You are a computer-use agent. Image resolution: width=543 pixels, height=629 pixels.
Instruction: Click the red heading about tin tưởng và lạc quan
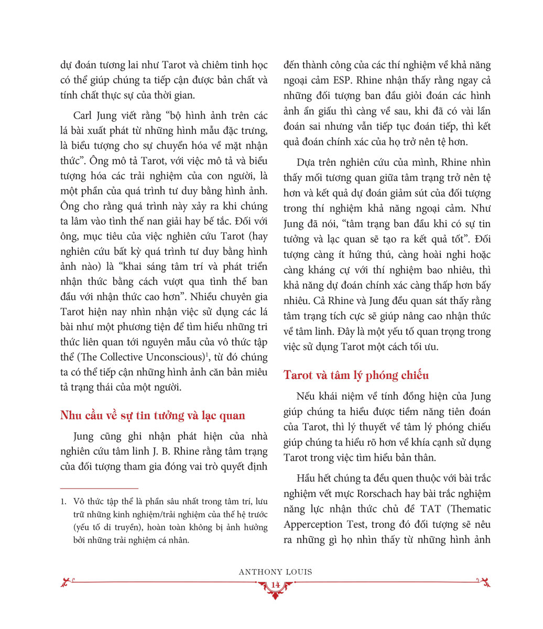153,416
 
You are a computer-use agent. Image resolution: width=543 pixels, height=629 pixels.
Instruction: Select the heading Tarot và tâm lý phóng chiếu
356,375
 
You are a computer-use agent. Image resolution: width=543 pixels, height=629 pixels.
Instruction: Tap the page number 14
275,585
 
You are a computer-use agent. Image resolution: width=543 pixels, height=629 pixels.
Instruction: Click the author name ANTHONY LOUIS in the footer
275,572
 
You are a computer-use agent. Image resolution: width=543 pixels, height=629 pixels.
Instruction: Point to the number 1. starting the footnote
63,502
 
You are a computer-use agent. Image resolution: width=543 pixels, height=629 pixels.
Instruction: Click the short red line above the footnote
99,489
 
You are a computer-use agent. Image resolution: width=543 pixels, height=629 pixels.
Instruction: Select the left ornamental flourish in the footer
68,580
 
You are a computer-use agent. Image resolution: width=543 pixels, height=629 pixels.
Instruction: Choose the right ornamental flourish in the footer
483,580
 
